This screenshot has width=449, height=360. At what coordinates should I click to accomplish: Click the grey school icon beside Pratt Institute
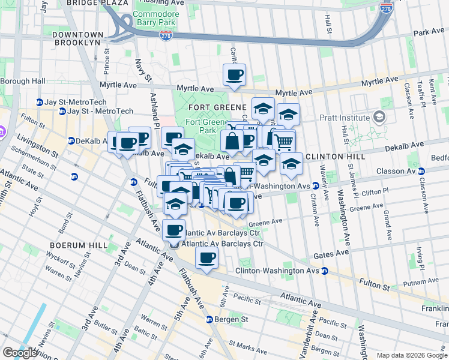point(379,116)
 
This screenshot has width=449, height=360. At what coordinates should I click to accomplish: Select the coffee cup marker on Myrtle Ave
point(234,76)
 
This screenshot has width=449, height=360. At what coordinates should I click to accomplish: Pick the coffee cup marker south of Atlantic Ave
point(207,258)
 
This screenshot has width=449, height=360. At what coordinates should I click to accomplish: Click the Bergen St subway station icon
point(209,319)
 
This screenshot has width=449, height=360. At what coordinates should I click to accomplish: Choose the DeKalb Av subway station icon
point(72,140)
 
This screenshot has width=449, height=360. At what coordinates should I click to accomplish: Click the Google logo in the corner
point(20,353)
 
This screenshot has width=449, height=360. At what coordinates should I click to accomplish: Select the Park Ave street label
point(428,31)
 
